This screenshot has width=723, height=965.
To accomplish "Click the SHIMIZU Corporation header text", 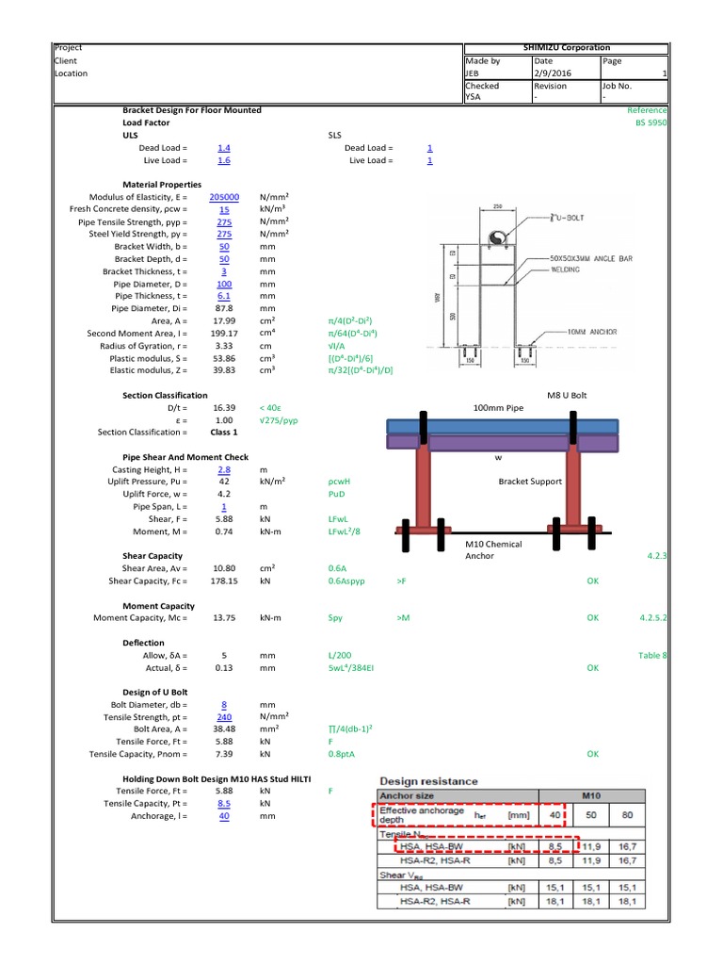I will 566,47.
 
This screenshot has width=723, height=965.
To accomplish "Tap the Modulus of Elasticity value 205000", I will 224,197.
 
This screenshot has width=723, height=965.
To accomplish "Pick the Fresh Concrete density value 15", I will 224,209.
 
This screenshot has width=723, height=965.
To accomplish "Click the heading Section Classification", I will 166,395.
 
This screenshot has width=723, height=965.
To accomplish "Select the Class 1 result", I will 224,432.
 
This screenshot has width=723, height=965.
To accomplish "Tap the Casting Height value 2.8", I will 224,468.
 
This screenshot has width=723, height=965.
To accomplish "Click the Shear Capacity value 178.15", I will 224,581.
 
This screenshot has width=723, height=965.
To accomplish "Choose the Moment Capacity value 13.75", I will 224,617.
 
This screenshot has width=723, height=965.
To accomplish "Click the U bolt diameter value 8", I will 224,704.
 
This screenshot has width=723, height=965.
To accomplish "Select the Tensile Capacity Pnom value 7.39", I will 224,754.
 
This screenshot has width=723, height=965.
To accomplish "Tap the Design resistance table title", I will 428,781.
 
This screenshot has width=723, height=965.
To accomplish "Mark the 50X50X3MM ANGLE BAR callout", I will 584,257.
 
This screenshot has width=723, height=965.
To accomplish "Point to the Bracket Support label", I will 529,482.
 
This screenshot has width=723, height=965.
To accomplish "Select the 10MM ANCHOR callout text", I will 592,333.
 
